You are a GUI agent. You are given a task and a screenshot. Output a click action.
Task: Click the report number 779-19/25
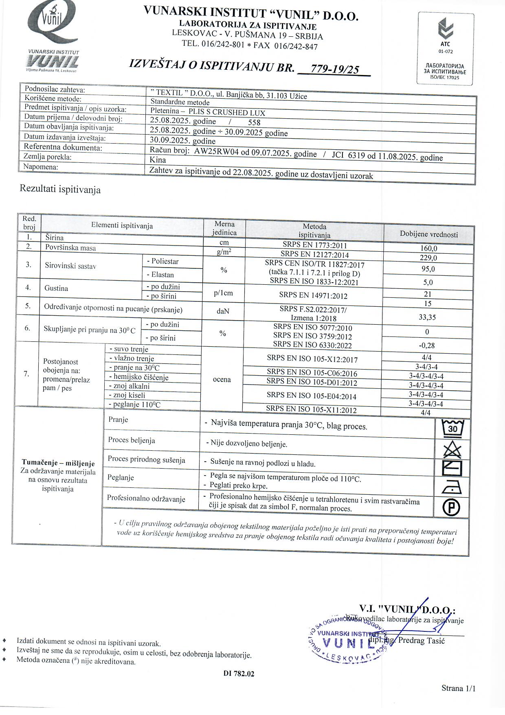click(x=334, y=69)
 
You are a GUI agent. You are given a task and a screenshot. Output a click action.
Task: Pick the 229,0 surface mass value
click(x=428, y=258)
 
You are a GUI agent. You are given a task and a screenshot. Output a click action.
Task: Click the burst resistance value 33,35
click(x=427, y=317)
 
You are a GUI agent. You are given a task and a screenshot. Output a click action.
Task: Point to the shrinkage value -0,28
click(x=427, y=345)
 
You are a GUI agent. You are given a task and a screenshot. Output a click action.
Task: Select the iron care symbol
click(x=452, y=487)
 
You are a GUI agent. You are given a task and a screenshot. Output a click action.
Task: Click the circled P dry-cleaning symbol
click(x=451, y=507)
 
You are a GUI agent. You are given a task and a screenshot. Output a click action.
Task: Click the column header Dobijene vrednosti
click(x=428, y=235)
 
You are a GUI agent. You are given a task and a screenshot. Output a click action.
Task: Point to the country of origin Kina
click(x=158, y=160)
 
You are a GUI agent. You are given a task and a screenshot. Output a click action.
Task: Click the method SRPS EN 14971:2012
click(x=313, y=295)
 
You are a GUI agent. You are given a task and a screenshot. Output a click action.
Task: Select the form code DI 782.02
click(x=239, y=674)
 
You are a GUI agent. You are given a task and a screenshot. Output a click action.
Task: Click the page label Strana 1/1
click(x=458, y=688)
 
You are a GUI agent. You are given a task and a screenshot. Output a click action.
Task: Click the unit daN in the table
click(x=223, y=311)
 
